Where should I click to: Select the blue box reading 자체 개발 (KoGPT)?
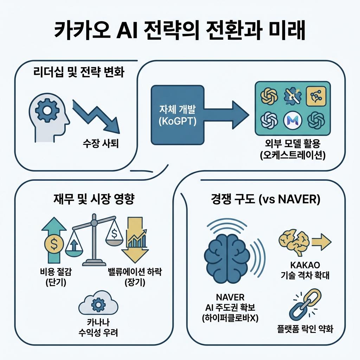[x=177, y=115]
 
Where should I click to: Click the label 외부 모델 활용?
[x=293, y=144]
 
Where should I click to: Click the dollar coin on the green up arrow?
[x=53, y=244]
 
